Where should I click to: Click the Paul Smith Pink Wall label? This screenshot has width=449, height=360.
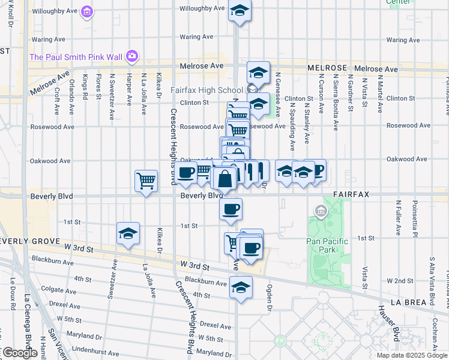[76, 58]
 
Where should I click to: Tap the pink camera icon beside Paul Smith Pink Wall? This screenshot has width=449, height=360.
[132, 58]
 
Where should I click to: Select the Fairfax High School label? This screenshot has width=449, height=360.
[206, 90]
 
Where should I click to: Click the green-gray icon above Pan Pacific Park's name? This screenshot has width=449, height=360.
[321, 211]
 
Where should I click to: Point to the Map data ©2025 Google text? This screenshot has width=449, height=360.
[412, 355]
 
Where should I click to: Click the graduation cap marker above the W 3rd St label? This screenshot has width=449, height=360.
[128, 233]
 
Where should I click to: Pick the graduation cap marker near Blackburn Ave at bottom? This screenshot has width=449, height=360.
[241, 287]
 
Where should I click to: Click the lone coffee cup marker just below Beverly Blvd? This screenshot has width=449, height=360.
[231, 209]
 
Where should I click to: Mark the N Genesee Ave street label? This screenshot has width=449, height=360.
[279, 95]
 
